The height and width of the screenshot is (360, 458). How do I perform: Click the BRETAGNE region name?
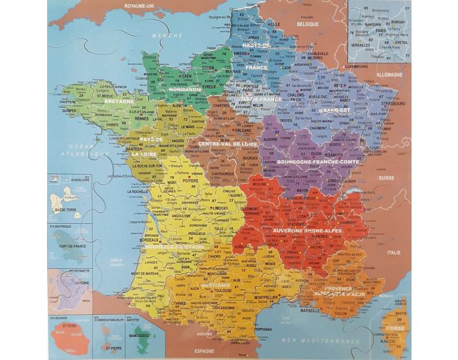118,103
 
